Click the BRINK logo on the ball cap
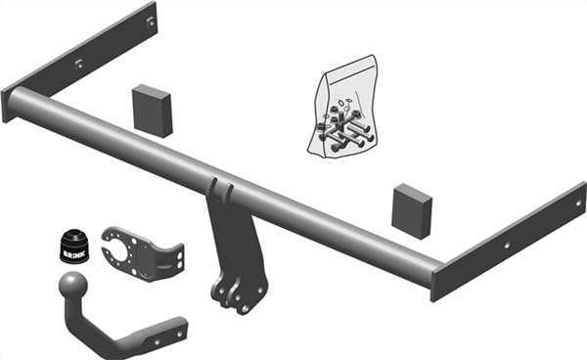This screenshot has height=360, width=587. coord(74,254)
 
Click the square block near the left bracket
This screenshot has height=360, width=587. coord(152,111)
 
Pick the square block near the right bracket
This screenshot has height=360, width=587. coord(412,211)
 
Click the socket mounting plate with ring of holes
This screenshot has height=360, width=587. coord(142,253)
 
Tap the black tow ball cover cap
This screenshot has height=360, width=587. coord(74,247)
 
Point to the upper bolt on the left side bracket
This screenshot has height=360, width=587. coord(150,22)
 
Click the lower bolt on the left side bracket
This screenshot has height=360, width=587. coord(78,65)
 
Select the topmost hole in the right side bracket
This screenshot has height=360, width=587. coord(579,203)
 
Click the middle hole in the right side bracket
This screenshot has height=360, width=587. coord(507,246)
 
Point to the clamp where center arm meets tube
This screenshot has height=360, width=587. coord(220,191)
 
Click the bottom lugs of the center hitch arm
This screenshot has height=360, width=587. coord(239,295)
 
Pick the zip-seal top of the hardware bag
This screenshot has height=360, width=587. coord(349,70)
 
